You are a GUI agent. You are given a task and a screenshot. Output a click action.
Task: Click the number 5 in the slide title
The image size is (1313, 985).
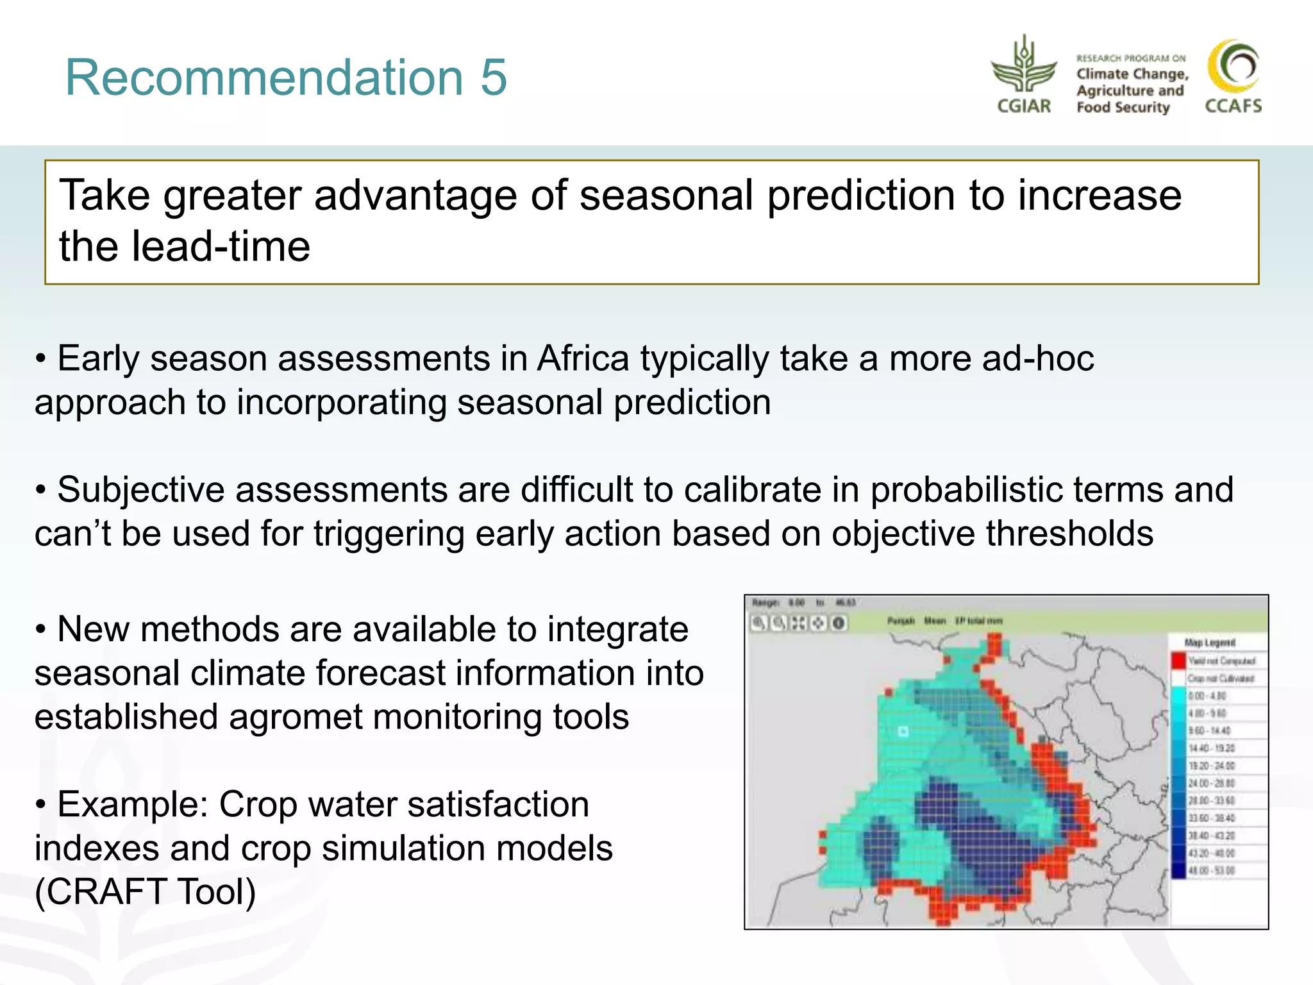(x=493, y=78)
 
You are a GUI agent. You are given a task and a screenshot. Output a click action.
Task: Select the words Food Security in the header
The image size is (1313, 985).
(x=1123, y=107)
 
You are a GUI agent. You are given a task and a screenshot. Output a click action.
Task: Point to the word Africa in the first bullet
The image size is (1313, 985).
(x=583, y=358)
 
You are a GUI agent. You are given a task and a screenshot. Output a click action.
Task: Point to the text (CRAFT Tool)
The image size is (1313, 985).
(x=146, y=891)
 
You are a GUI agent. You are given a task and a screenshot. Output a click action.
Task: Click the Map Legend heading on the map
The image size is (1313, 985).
(x=1210, y=643)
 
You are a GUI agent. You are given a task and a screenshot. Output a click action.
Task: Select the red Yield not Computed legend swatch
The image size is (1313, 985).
(x=1178, y=661)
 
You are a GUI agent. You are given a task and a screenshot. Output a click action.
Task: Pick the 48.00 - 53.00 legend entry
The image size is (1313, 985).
(x=1211, y=871)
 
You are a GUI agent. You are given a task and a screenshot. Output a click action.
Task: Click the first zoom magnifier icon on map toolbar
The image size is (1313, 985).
(x=758, y=623)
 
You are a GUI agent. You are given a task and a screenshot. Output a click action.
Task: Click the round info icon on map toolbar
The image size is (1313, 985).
(x=839, y=623)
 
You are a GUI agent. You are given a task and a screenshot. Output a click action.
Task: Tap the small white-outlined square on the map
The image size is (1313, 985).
(x=903, y=731)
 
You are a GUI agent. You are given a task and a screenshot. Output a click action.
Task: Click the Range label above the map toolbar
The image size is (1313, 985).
(x=765, y=603)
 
